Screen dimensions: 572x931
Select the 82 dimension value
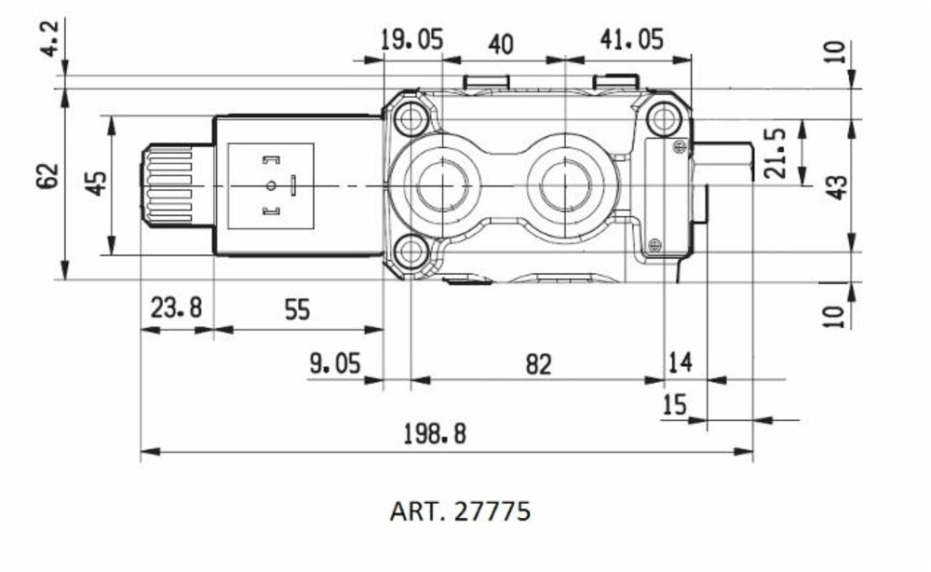click(x=538, y=364)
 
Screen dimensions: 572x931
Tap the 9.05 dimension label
click(x=335, y=364)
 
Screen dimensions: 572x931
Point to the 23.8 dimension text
click(x=176, y=309)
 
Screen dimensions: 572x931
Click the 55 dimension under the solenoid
click(x=296, y=309)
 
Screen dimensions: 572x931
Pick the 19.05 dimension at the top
click(x=412, y=40)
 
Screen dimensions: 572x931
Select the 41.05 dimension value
click(x=630, y=40)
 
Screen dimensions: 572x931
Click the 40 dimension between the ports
click(x=501, y=45)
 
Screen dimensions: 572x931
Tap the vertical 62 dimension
click(x=48, y=176)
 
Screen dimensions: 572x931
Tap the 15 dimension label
click(x=673, y=404)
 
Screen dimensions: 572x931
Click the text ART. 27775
click(x=460, y=511)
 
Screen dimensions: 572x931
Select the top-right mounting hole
click(x=663, y=119)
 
